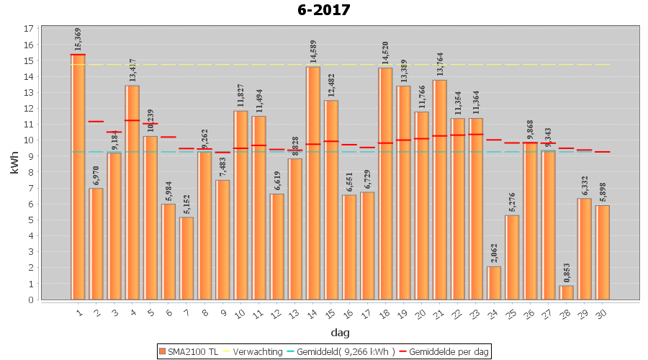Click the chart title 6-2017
(x=323, y=10)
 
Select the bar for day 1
(x=78, y=176)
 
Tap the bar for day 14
(x=313, y=183)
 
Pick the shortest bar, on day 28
(x=567, y=293)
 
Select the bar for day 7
(x=186, y=258)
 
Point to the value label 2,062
(x=494, y=252)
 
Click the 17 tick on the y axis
(x=29, y=29)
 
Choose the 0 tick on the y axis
(x=29, y=300)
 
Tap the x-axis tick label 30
(x=602, y=311)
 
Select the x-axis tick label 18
(x=384, y=311)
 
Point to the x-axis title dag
(x=340, y=332)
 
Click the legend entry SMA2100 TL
(x=188, y=351)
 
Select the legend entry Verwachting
(x=254, y=351)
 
